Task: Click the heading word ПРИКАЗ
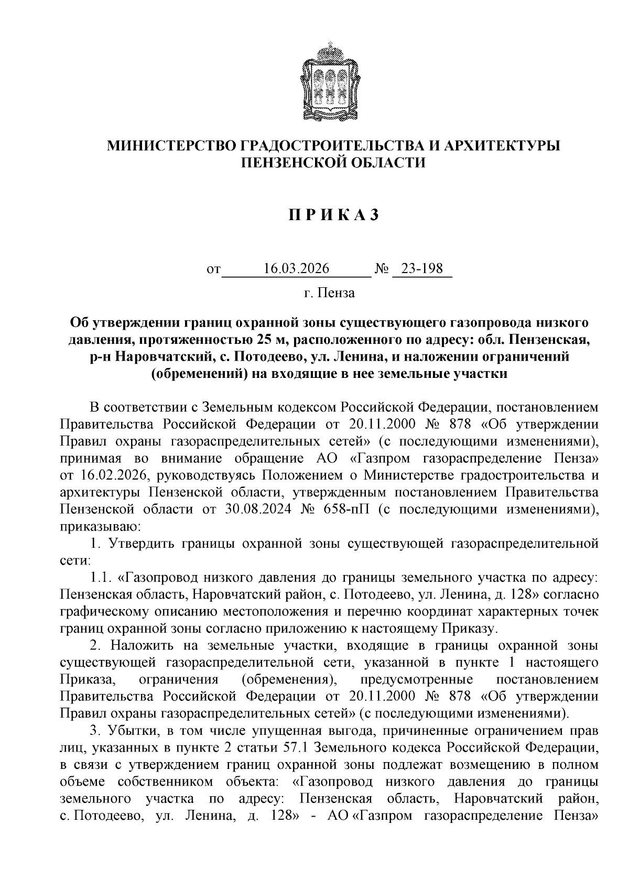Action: [x=332, y=215]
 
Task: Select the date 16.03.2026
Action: [x=297, y=269]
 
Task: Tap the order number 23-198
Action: [x=422, y=269]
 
